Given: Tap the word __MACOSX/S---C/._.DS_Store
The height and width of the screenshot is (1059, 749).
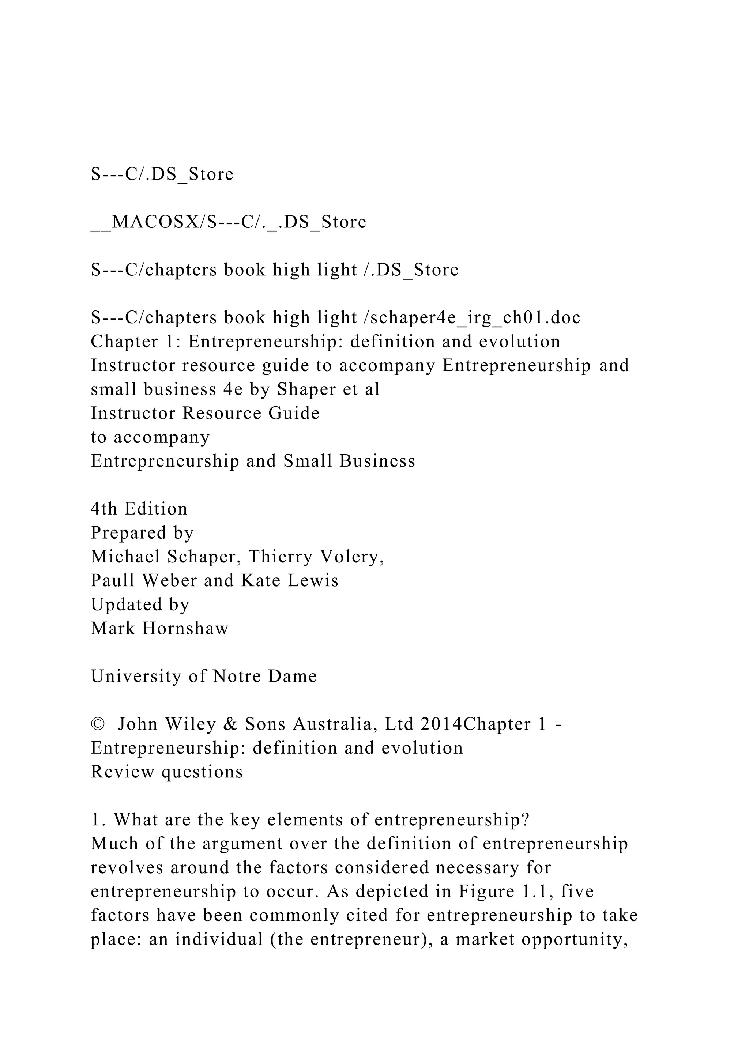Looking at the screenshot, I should [228, 222].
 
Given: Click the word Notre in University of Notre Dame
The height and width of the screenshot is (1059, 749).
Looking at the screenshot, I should [237, 676].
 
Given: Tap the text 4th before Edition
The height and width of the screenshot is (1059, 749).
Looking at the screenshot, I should [104, 509].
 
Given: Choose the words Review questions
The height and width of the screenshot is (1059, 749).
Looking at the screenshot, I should [166, 772].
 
